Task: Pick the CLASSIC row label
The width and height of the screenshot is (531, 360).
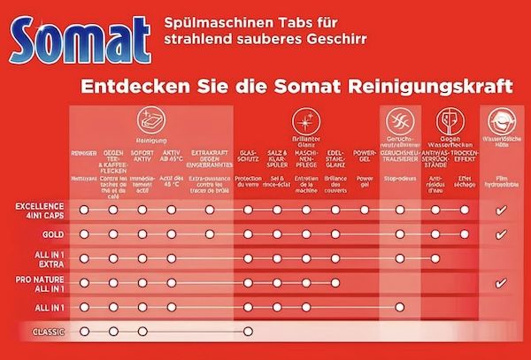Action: pos(45,332)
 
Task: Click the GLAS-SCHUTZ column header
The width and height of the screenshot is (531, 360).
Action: pos(249,158)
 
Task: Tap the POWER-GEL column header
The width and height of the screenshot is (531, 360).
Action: pos(365,158)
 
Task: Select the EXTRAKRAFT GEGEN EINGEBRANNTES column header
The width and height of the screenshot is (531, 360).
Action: pos(209,158)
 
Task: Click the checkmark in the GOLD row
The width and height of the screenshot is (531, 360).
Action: pos(501,234)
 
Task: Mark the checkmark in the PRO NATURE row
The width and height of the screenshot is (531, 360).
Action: pos(501,283)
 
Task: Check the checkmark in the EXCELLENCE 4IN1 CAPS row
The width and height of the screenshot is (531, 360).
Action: pos(501,211)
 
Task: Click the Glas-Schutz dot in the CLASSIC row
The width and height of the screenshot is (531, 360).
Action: pos(249,332)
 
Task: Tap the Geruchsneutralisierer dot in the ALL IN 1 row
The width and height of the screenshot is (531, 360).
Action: pos(400,307)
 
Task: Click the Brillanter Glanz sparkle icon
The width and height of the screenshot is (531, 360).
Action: pos(306,121)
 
